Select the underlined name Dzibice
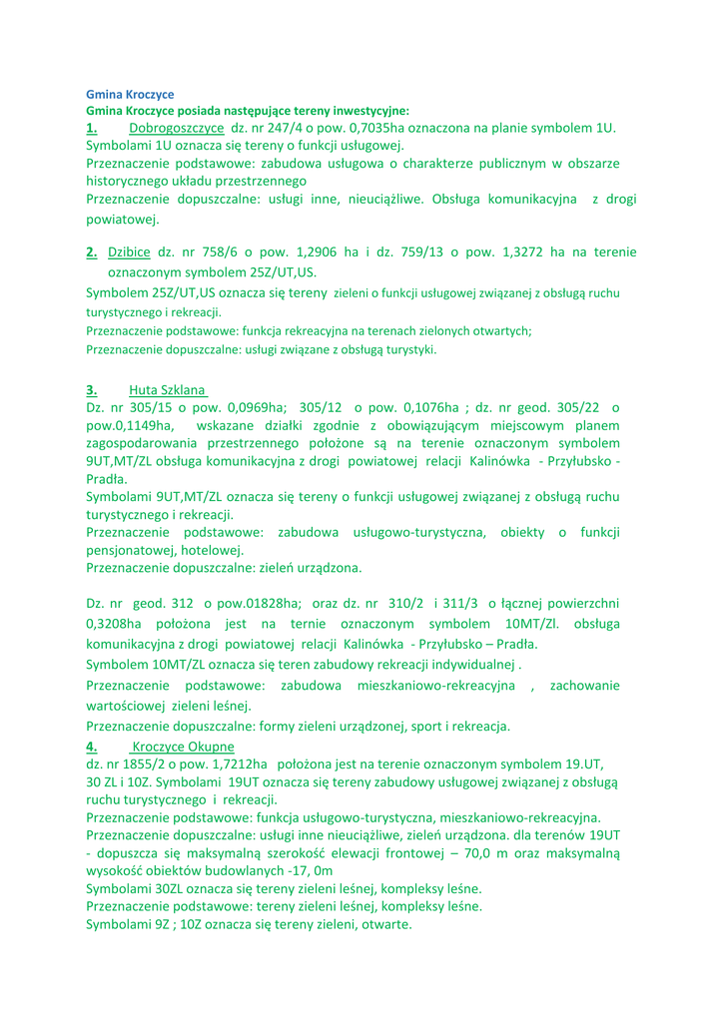(131, 254)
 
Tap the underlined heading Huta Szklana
(167, 389)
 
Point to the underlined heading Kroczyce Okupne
(183, 746)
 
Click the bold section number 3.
(91, 389)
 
